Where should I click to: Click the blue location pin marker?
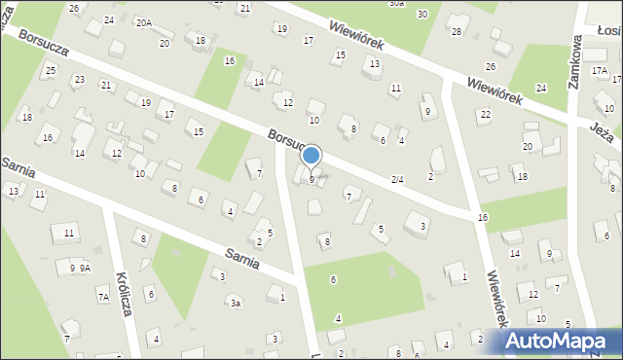(x=311, y=156)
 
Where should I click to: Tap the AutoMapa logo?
(x=562, y=342)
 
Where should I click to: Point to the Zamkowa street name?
(x=576, y=64)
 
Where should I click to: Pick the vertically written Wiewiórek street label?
(x=498, y=297)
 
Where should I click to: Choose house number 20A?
(x=144, y=22)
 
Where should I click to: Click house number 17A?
(x=599, y=71)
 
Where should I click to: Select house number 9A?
(x=86, y=268)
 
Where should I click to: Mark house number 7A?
(x=102, y=297)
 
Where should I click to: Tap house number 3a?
(x=235, y=304)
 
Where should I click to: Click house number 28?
(x=456, y=31)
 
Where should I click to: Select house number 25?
(x=50, y=69)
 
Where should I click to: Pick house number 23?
(x=79, y=80)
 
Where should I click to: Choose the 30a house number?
(x=396, y=4)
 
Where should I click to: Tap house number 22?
(x=485, y=115)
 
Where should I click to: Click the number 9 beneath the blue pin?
(x=311, y=179)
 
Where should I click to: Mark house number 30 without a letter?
(x=421, y=14)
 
